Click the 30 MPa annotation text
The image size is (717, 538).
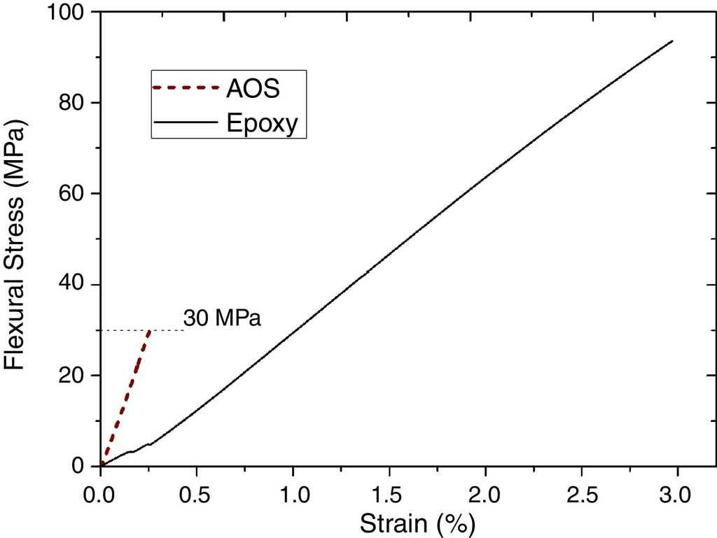(222, 319)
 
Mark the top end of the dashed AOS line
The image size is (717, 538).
(149, 330)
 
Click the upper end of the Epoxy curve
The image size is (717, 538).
(672, 41)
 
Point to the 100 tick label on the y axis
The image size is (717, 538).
(67, 13)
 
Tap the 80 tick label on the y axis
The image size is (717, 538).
(74, 103)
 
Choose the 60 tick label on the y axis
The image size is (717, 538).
(74, 194)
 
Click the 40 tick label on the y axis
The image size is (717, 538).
(74, 285)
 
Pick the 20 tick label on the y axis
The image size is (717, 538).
(74, 376)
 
